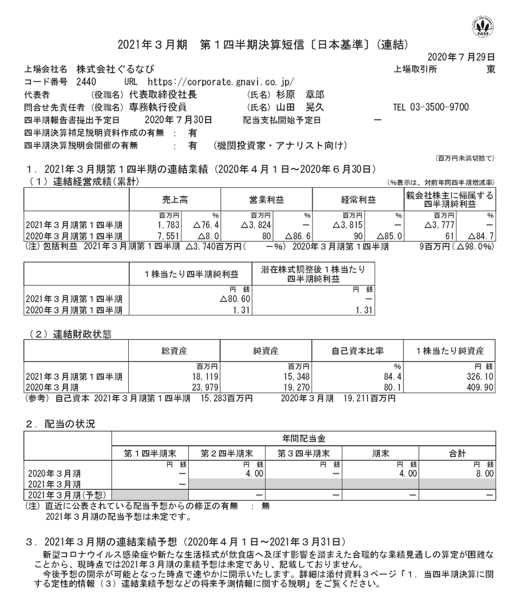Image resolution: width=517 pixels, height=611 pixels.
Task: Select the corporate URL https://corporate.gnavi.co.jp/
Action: click(x=220, y=82)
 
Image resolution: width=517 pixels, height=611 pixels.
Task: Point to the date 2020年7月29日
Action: click(x=461, y=57)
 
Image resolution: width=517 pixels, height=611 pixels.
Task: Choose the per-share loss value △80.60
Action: click(x=235, y=299)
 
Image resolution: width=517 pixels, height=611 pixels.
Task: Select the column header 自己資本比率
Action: click(x=358, y=351)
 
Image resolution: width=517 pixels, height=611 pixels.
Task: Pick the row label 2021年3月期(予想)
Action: click(x=70, y=495)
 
